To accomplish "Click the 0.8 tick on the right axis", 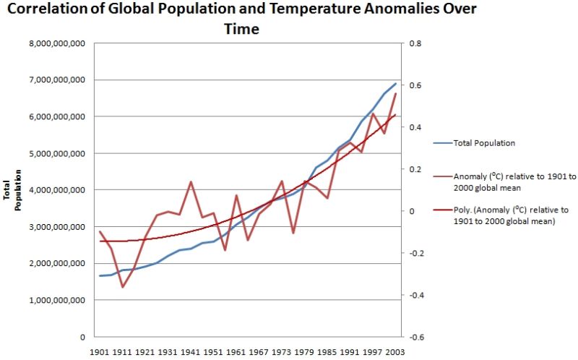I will tap(415, 43).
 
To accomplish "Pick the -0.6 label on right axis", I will tap(416, 337).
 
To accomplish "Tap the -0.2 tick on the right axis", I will tap(416, 253).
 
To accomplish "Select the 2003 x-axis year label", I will tap(394, 352).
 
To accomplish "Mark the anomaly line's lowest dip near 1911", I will tap(123, 287).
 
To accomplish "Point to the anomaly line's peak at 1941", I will tap(191, 181).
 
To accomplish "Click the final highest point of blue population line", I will tap(396, 83).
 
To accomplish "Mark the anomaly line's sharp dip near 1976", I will tap(293, 233).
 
